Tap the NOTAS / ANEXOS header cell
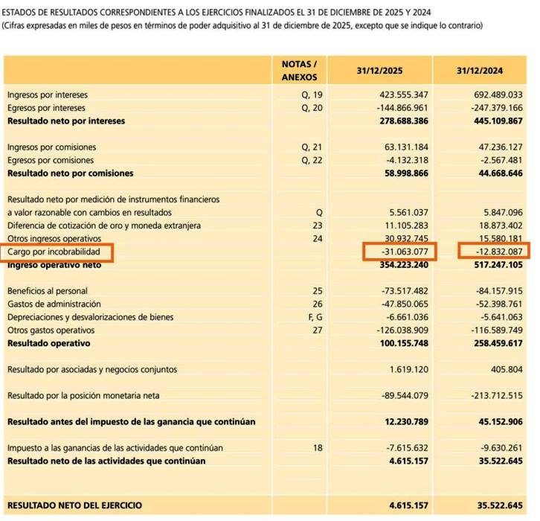tap(299, 70)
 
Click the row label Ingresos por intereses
tap(48, 95)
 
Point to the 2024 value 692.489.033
tap(497, 95)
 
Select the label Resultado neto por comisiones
tap(71, 173)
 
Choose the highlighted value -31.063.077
tap(402, 252)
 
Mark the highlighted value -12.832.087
tap(497, 252)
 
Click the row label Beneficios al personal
tap(48, 291)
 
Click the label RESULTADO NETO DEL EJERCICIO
tap(74, 505)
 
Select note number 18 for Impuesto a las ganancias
tap(318, 448)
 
